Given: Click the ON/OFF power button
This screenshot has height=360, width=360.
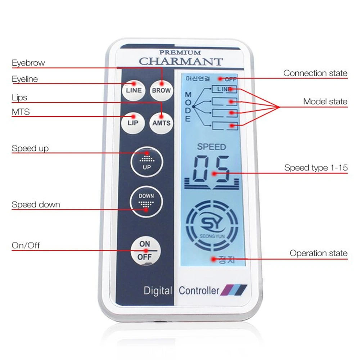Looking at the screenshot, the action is coord(145,251).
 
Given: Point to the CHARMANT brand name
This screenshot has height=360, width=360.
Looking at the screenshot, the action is coord(181,61).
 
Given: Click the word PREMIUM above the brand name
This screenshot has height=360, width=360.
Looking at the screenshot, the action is coord(180,53).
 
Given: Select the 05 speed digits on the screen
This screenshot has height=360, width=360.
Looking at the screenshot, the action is coord(212,170).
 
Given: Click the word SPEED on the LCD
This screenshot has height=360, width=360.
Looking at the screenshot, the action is coord(211,147).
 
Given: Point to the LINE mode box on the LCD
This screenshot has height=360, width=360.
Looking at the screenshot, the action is coord(224,89).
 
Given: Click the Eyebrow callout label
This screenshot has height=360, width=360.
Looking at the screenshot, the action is coord(28,63).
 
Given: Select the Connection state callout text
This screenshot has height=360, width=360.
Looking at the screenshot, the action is coord(315,73).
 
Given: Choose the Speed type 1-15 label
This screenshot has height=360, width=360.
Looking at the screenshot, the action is coord(316,168).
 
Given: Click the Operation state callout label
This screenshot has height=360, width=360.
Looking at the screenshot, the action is coord(318,253).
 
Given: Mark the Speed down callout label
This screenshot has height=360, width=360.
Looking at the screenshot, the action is coord(36,205).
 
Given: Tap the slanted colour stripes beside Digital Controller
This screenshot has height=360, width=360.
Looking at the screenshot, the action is coord(234,289).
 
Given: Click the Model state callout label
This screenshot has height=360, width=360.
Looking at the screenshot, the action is coord(325,102).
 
